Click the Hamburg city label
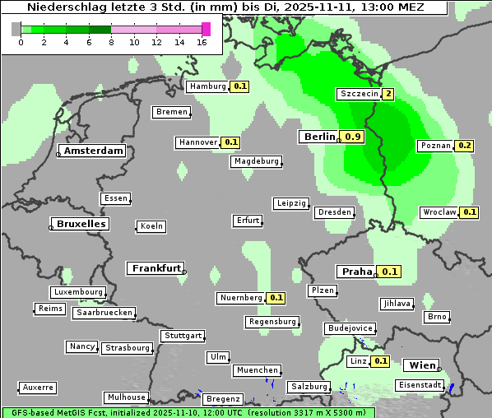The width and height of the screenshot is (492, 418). [207, 86]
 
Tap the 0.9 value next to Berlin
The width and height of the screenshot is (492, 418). [354, 137]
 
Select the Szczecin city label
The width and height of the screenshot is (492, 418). [359, 94]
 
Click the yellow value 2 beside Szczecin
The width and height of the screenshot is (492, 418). [388, 94]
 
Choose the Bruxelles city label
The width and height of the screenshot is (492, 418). [80, 224]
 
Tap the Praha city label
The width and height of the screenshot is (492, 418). [357, 272]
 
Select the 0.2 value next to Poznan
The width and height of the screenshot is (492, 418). [465, 146]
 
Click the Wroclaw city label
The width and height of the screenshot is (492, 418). [439, 212]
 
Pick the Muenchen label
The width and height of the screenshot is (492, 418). [258, 371]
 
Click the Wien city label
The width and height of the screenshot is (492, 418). [424, 365]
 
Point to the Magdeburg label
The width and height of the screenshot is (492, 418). [256, 161]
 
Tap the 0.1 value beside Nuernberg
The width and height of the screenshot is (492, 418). [276, 298]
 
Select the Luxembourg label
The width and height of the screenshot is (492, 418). [78, 292]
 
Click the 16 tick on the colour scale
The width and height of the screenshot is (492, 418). [202, 42]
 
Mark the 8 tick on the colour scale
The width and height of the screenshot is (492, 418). [111, 42]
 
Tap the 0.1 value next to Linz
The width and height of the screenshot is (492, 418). [381, 361]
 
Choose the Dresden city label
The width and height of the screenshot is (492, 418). [334, 212]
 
